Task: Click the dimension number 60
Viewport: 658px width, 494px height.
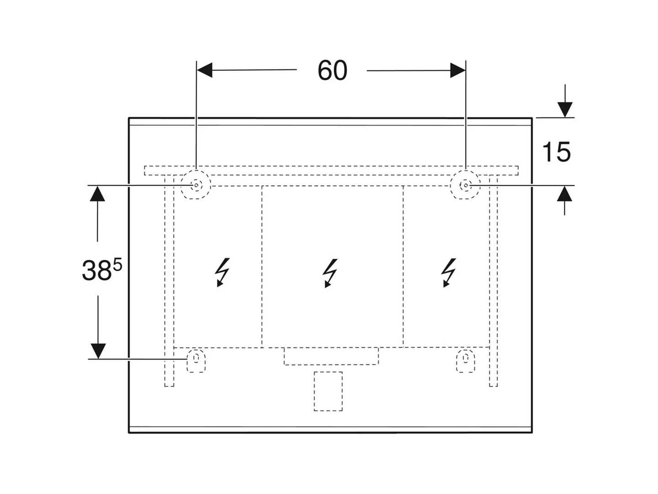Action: click(x=332, y=70)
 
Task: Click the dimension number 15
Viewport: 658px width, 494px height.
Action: click(x=556, y=152)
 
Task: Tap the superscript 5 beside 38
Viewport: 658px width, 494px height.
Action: click(x=118, y=265)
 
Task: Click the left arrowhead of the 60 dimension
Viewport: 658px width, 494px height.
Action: click(x=204, y=70)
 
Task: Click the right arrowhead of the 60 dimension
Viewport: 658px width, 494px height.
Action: click(x=458, y=70)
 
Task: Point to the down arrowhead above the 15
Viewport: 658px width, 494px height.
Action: click(x=565, y=109)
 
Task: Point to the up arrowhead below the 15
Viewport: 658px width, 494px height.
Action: click(x=564, y=193)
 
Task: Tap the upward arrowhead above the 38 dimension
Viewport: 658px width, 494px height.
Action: click(x=97, y=193)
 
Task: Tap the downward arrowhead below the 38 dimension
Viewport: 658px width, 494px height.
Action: click(x=98, y=351)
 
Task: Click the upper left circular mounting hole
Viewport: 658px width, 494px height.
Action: click(x=196, y=185)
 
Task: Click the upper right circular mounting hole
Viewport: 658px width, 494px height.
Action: click(x=465, y=185)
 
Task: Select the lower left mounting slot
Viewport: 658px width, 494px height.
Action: click(x=196, y=360)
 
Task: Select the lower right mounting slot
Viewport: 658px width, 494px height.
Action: click(x=465, y=360)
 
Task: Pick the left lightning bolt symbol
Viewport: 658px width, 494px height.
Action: click(x=222, y=272)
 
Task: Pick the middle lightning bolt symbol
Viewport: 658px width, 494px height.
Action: click(x=330, y=273)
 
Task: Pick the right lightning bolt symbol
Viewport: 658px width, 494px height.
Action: click(x=448, y=272)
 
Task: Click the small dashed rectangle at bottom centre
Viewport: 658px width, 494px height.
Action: click(x=328, y=391)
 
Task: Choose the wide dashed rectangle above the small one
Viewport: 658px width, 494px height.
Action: click(x=331, y=356)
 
